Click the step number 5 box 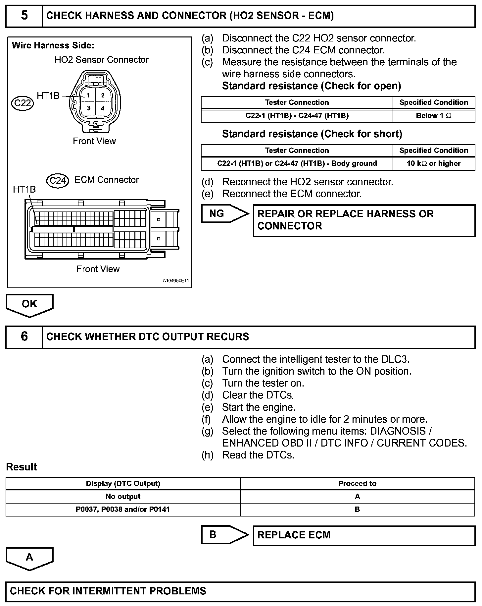24,16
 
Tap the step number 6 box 24,337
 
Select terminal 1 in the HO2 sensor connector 88,95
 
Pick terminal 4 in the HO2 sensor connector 103,108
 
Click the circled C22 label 23,103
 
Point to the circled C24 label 58,181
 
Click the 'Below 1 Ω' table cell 434,116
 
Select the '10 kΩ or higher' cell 434,164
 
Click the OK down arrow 29,304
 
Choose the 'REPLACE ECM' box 364,535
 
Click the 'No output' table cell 123,497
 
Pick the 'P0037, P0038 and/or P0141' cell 123,510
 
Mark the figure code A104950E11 175,281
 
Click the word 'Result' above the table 22,467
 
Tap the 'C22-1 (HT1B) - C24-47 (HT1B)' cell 297,116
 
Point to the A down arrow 29,558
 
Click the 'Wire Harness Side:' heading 53,45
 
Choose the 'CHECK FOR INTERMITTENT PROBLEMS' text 108,591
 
